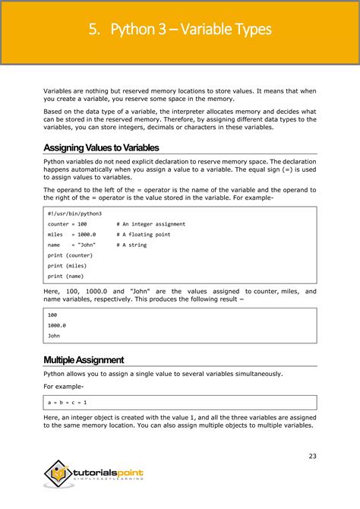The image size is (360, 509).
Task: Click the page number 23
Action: (x=312, y=456)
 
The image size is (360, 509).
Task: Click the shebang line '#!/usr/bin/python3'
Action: (x=74, y=213)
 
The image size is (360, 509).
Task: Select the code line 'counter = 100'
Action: (x=67, y=224)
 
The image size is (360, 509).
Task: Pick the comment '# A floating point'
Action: (x=143, y=235)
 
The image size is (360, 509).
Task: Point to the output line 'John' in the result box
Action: (x=53, y=335)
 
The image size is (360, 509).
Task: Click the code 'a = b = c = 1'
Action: (x=67, y=402)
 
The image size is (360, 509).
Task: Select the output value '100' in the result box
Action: (x=52, y=314)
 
